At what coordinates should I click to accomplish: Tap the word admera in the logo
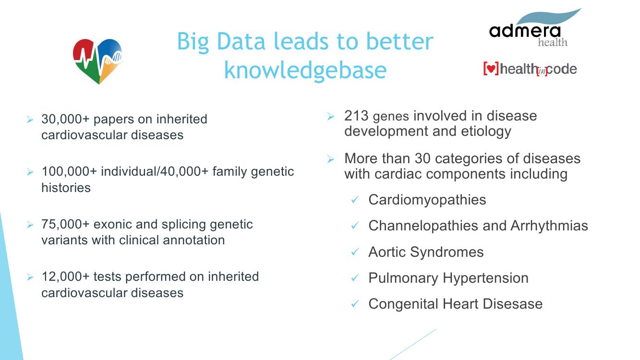(525, 31)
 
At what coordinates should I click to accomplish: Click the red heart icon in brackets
(491, 69)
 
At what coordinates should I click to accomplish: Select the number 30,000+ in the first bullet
(65, 119)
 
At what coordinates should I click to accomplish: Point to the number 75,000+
(65, 224)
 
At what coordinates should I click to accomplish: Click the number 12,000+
(65, 276)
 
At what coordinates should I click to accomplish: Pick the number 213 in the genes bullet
(356, 116)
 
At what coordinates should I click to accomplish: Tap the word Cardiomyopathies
(427, 200)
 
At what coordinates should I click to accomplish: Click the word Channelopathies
(423, 226)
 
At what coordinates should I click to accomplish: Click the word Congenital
(403, 304)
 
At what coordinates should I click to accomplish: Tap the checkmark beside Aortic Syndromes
(355, 252)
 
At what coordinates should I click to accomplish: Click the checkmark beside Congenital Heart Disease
(355, 304)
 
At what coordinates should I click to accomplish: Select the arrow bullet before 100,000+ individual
(30, 172)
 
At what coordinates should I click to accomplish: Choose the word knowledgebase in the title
(305, 70)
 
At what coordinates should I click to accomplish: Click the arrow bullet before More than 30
(331, 159)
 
